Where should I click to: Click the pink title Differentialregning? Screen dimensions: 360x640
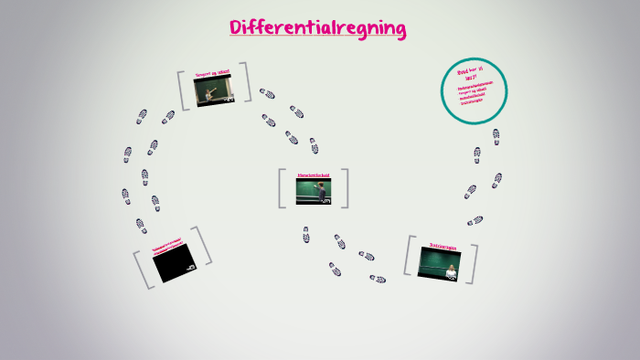tap(318, 28)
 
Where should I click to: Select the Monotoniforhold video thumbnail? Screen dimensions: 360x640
tap(314, 190)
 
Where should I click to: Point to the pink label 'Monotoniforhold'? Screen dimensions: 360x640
tap(313, 174)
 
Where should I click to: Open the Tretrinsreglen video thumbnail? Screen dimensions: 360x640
tap(439, 262)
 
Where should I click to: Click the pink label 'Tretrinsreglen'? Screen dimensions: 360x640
tap(442, 244)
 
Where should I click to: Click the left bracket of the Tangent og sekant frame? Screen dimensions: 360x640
tap(183, 90)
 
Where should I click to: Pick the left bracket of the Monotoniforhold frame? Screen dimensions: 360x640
tap(283, 188)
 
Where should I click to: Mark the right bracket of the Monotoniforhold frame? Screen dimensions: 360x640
tap(345, 188)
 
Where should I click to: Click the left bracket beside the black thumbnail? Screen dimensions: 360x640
tap(143, 270)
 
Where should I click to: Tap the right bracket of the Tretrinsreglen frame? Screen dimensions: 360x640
tap(472, 263)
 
